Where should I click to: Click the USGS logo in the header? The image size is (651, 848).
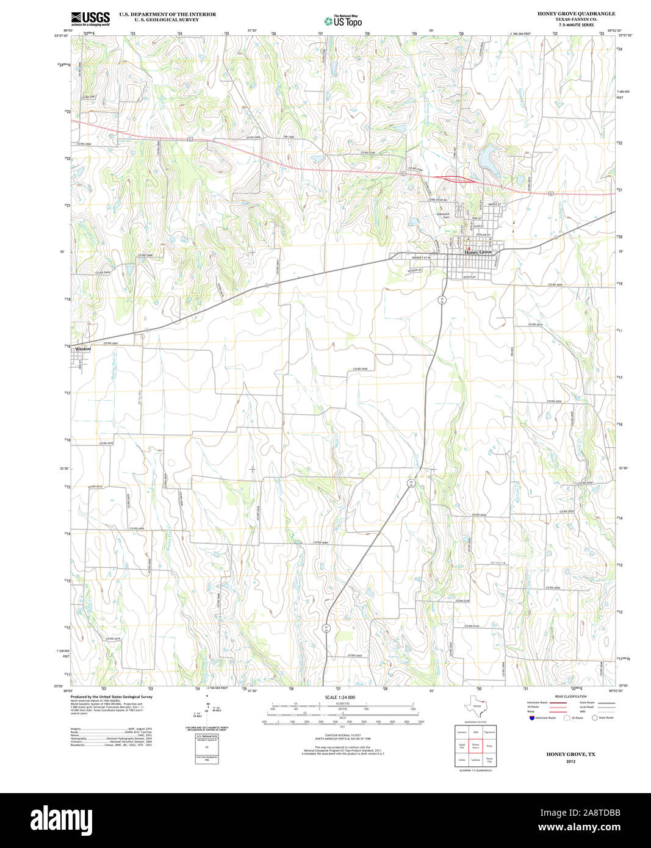[90, 18]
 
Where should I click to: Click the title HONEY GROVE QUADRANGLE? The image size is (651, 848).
[576, 13]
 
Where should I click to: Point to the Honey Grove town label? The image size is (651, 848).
[478, 252]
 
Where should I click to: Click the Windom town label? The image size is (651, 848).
[83, 349]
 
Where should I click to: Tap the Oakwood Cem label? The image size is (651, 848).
[443, 215]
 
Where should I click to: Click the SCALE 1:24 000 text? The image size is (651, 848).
[340, 697]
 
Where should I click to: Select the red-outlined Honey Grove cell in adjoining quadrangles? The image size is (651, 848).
[475, 746]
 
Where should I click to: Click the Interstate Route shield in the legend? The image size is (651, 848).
[531, 717]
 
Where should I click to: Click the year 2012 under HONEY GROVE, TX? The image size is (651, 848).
[570, 761]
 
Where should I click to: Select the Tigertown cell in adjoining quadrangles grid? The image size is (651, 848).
[489, 731]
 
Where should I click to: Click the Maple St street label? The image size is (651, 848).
[494, 204]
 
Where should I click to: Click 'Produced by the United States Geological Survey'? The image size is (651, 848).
[111, 697]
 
